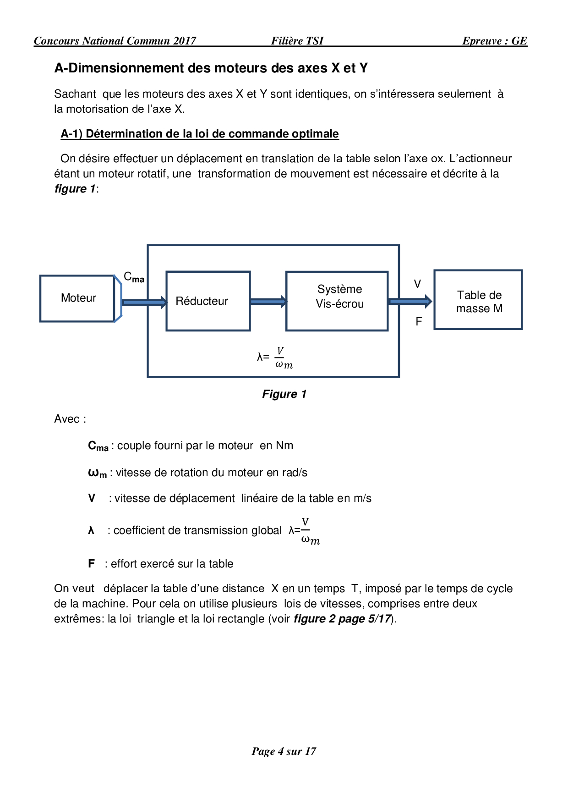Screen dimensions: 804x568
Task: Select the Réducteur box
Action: (x=208, y=301)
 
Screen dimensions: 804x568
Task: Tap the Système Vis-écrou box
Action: (x=337, y=301)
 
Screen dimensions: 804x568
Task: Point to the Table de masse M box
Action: (x=478, y=300)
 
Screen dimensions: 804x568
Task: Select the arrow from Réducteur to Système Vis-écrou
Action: (x=268, y=301)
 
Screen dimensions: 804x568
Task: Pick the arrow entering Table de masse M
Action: (x=410, y=301)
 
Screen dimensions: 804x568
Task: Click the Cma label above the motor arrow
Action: (x=134, y=277)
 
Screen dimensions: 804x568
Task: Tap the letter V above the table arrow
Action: (x=417, y=284)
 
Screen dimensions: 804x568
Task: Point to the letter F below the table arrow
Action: (x=419, y=322)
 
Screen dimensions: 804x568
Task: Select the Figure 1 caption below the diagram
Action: (x=284, y=394)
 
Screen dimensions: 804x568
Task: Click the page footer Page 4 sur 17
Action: (x=284, y=751)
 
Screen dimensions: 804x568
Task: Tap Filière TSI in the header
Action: (x=297, y=41)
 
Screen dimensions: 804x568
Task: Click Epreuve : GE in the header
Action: (x=494, y=41)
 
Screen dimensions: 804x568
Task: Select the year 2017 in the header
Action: (x=185, y=41)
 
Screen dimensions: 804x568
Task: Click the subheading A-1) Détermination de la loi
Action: (x=200, y=134)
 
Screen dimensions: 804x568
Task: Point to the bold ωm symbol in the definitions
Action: (x=97, y=473)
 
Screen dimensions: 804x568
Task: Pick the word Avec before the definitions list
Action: (x=67, y=419)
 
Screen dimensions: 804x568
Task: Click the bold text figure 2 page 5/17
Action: (x=342, y=619)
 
